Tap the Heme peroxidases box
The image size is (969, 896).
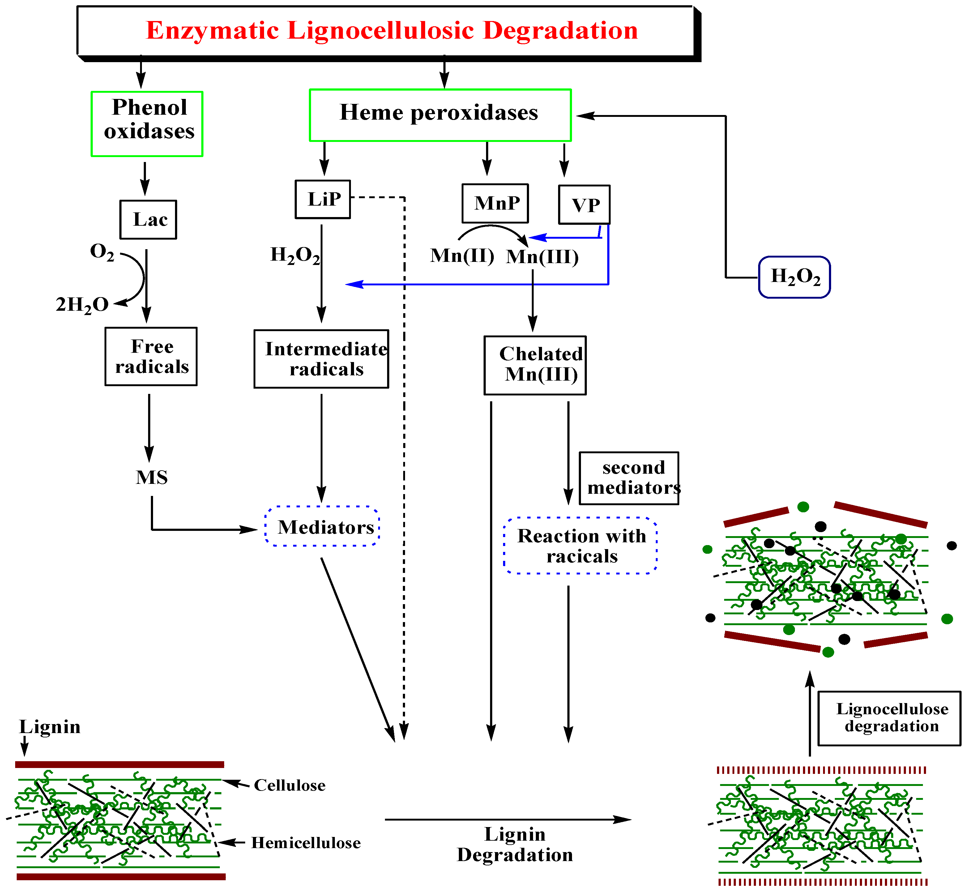point(440,115)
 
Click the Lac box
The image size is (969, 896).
point(148,220)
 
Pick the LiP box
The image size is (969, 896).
point(323,199)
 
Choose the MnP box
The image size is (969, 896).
point(495,203)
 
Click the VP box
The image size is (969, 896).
point(584,205)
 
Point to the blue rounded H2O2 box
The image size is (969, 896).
point(794,277)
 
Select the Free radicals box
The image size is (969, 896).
point(151,356)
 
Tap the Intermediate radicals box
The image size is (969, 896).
point(321,359)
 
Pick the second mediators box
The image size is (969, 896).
point(629,478)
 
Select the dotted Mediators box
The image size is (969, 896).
point(322,527)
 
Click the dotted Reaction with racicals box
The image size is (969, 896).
point(581,545)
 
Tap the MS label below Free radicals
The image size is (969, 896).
point(152,478)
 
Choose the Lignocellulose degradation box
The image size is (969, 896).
point(889,718)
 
